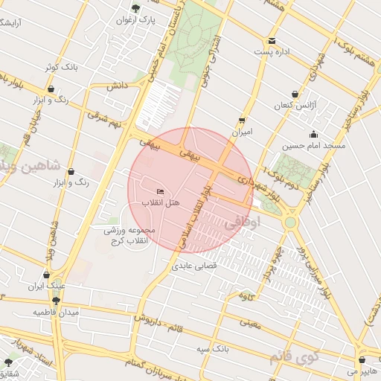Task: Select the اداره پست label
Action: point(271,51)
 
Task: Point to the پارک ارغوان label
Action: point(135,20)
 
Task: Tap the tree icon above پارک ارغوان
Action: point(135,9)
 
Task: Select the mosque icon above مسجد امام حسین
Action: point(313,135)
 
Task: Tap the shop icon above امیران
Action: point(242,120)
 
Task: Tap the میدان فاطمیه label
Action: point(56,313)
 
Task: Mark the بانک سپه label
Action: point(212,349)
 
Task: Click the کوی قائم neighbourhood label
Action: point(291,358)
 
